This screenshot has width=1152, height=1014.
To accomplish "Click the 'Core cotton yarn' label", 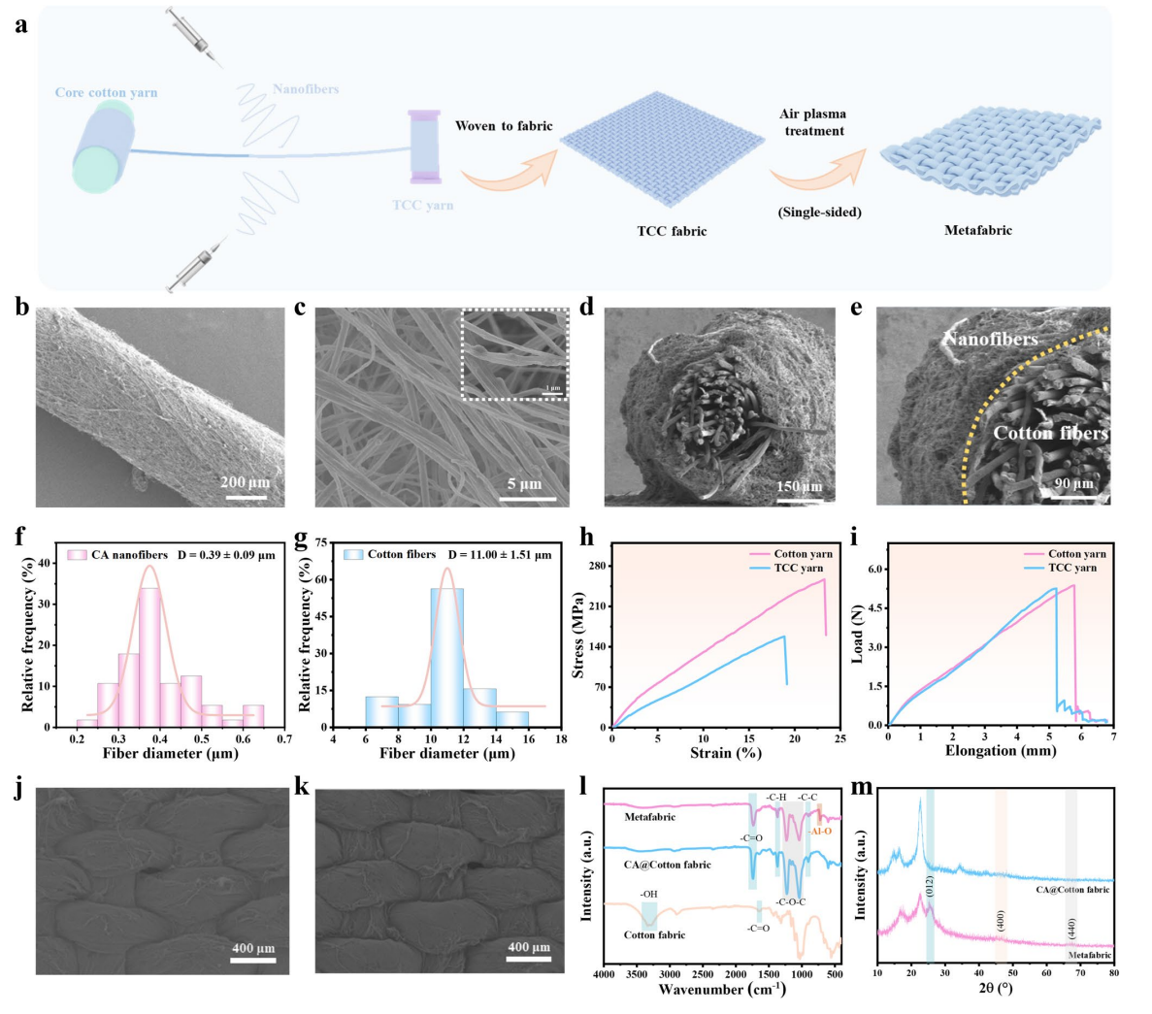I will (106, 93).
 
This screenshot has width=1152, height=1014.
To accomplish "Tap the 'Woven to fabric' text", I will (504, 126).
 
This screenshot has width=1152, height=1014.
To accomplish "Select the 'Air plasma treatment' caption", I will (813, 122).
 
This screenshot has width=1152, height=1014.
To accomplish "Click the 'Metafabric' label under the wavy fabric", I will (977, 231).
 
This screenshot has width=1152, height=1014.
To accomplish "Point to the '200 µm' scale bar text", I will (246, 482).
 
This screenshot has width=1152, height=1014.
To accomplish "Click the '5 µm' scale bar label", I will (524, 484).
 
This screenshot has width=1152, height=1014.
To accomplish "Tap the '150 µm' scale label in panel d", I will (799, 486).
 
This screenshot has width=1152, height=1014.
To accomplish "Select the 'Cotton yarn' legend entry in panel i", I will (1076, 554).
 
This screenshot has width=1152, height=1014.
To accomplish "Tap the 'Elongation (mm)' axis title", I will (1000, 751).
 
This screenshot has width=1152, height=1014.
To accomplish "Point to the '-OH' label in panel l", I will (648, 894).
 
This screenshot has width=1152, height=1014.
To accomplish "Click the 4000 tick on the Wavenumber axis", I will (605, 974).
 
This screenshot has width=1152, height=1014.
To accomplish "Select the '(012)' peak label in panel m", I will (929, 887).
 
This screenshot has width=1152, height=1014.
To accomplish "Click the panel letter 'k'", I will (301, 787).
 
